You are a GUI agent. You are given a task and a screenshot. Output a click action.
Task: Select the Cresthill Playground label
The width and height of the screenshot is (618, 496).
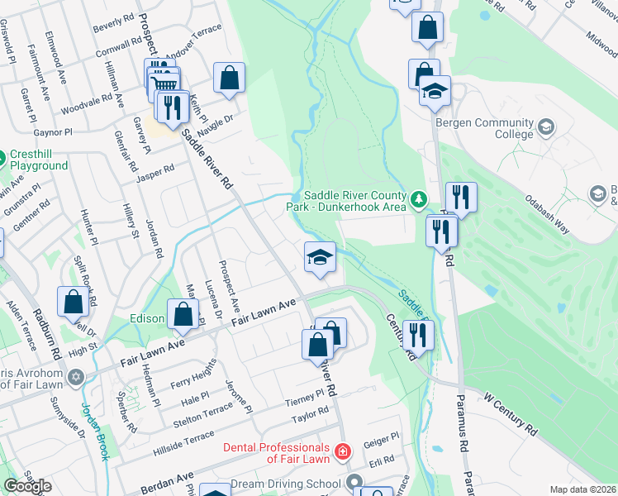(x=39, y=160)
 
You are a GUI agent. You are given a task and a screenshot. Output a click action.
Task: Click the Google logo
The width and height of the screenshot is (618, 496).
(x=27, y=486)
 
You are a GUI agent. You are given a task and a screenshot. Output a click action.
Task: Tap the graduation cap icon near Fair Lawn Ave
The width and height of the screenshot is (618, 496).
(x=320, y=257)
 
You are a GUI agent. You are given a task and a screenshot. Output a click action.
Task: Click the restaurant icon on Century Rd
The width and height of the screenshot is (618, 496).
(x=418, y=335)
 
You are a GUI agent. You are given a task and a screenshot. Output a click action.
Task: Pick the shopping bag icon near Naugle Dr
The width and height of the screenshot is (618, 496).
(x=229, y=79)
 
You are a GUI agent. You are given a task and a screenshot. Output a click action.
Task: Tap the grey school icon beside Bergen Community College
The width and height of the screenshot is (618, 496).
(x=545, y=127)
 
